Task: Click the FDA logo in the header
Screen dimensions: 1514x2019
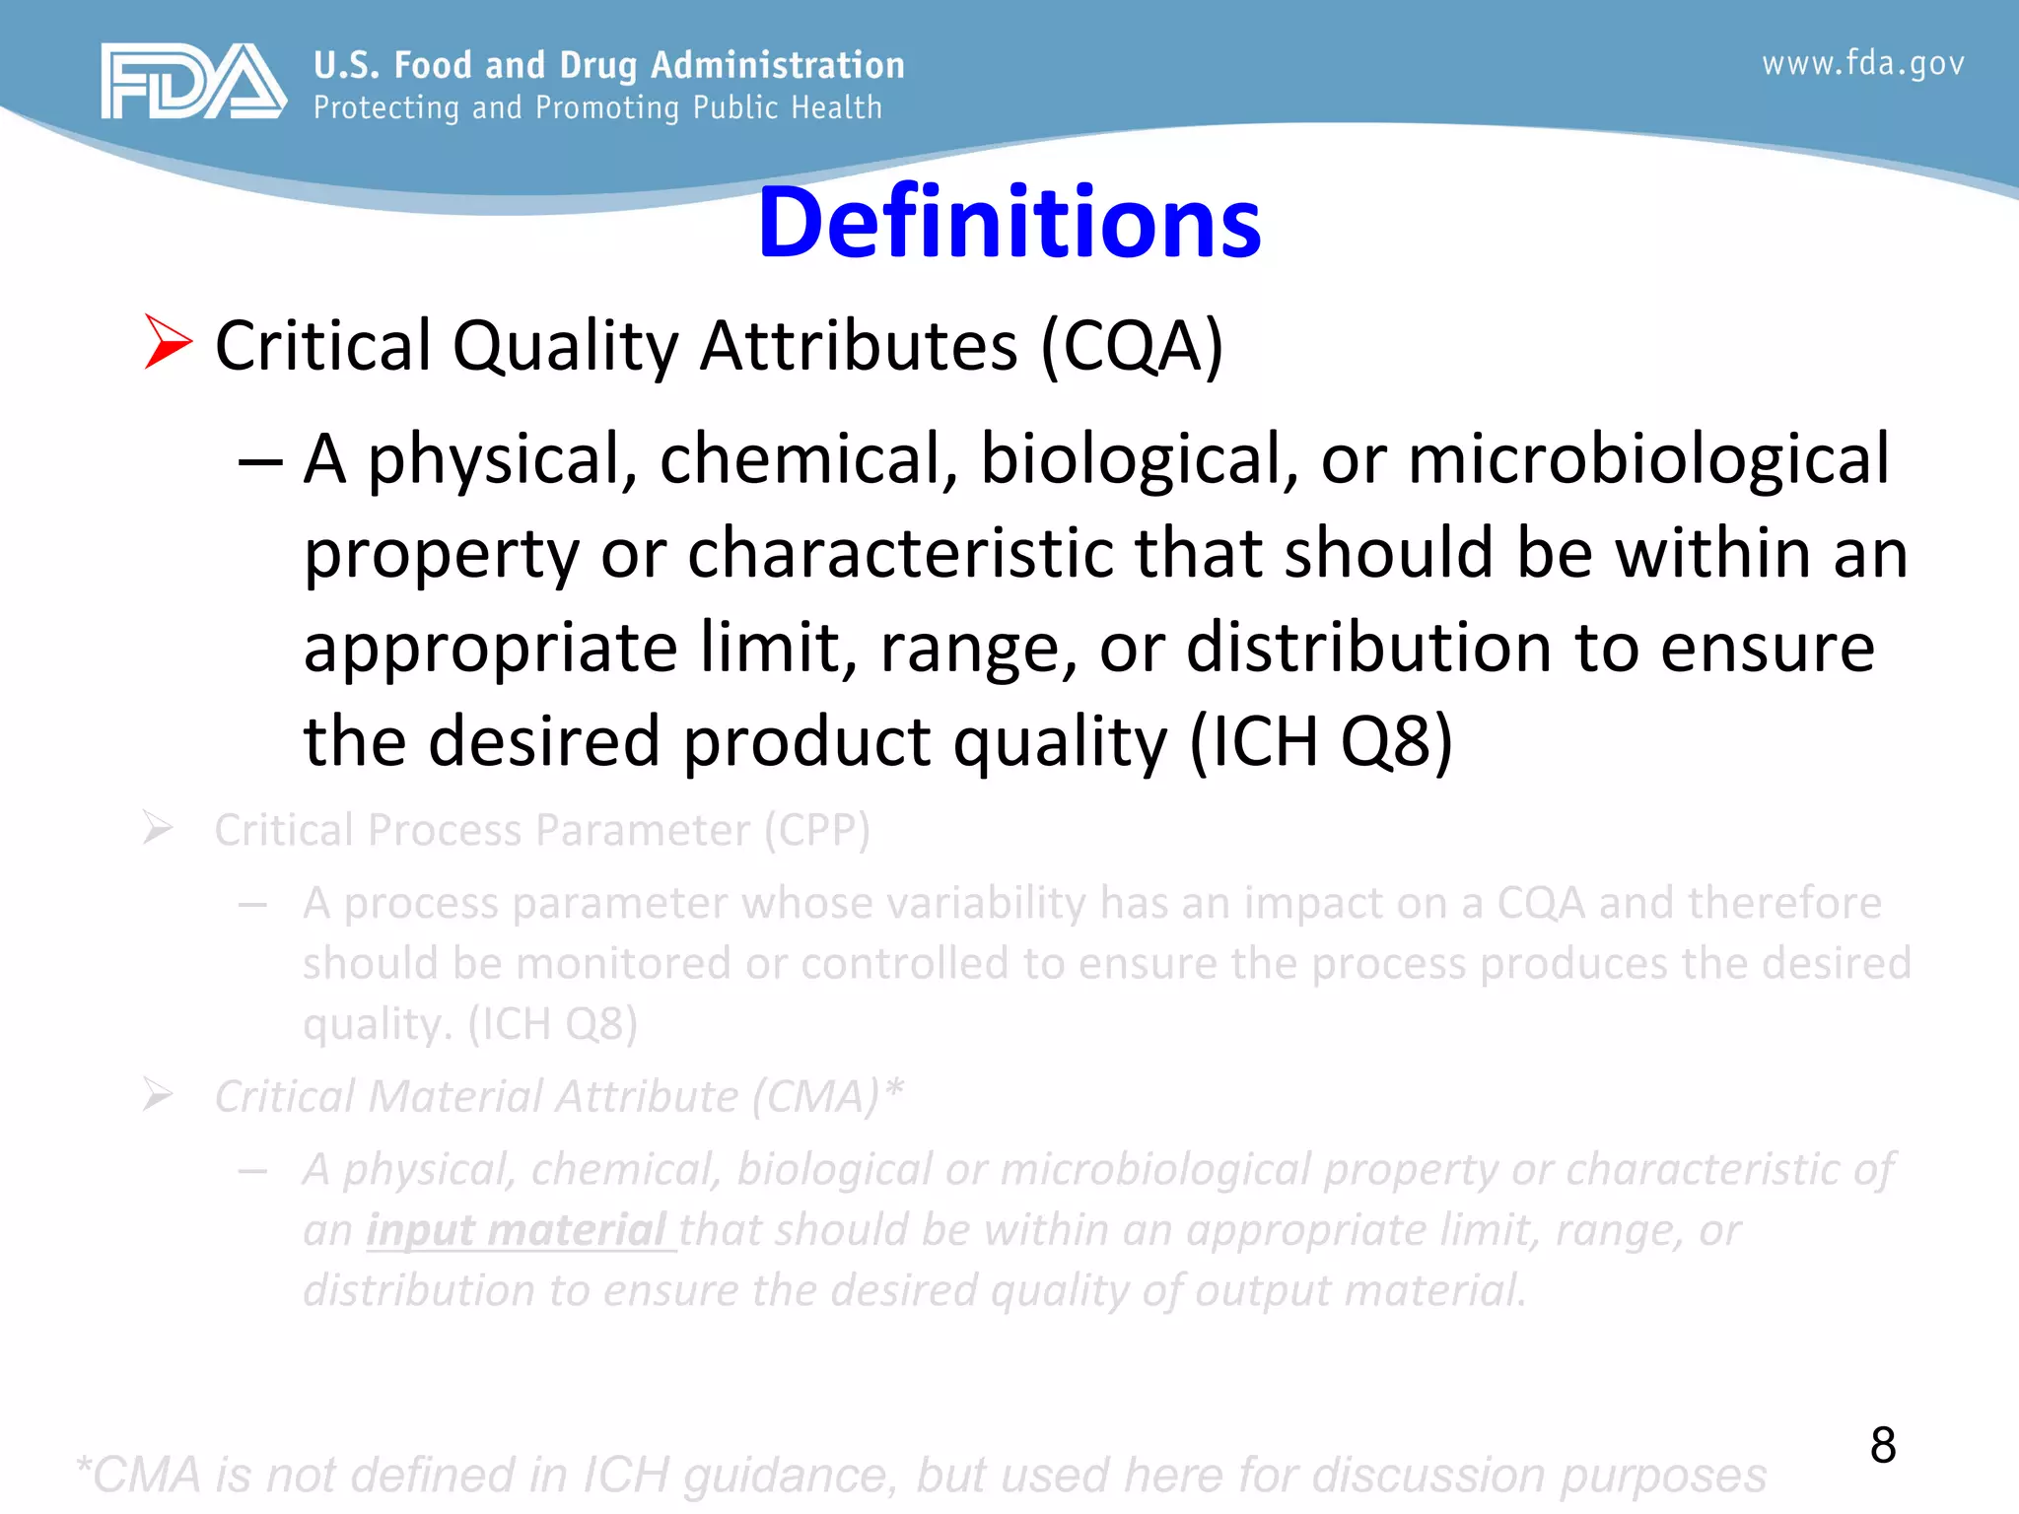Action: (x=192, y=82)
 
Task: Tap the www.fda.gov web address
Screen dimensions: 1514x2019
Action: (x=1862, y=64)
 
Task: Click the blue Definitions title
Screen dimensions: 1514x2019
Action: (x=1009, y=223)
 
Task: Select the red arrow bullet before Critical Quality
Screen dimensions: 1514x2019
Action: (x=168, y=342)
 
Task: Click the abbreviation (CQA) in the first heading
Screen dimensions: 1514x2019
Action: (x=1132, y=347)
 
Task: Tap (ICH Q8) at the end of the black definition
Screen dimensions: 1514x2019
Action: (x=1322, y=742)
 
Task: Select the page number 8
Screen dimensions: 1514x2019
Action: (x=1882, y=1445)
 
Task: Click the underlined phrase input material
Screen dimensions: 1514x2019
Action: (x=519, y=1230)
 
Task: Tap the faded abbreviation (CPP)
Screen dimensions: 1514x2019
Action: (x=817, y=830)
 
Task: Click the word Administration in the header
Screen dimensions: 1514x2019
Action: (x=778, y=65)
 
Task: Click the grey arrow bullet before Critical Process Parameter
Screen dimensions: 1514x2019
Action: (x=158, y=828)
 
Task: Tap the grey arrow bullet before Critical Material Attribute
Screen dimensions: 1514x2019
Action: (x=158, y=1094)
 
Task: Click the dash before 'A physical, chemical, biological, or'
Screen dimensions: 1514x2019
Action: (x=260, y=461)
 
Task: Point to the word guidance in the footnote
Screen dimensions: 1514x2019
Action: (x=790, y=1476)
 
